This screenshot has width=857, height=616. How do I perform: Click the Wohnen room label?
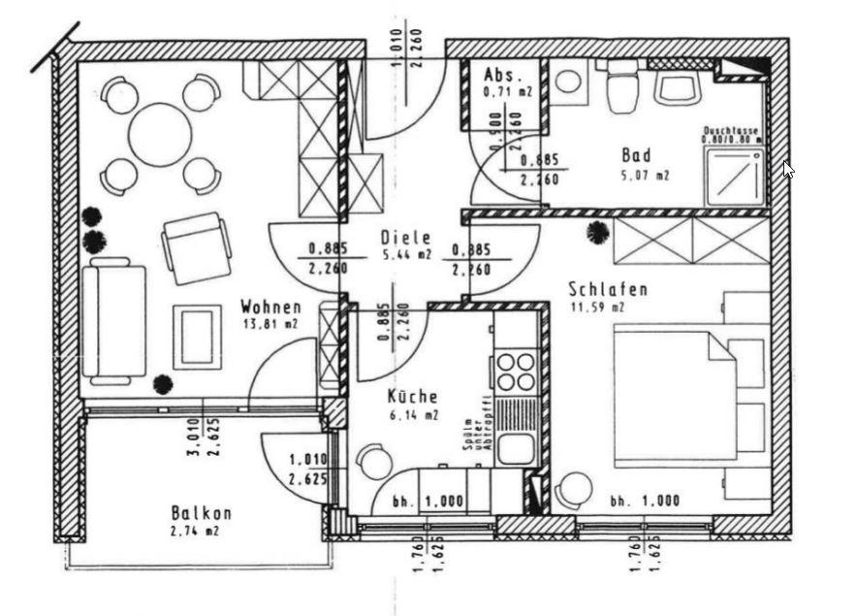(x=265, y=308)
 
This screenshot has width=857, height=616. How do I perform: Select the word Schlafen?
(x=608, y=289)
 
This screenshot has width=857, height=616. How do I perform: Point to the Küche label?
(x=412, y=396)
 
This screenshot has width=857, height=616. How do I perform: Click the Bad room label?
(x=636, y=155)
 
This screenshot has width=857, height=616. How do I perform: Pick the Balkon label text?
(x=201, y=513)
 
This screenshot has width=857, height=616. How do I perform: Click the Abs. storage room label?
(x=503, y=75)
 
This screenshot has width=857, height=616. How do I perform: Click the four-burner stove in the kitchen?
(x=516, y=371)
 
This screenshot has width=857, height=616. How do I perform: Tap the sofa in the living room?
(x=114, y=320)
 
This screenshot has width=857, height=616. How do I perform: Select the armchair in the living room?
(x=197, y=246)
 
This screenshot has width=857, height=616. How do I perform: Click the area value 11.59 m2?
(x=598, y=307)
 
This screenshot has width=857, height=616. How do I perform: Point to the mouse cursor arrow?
(x=788, y=169)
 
